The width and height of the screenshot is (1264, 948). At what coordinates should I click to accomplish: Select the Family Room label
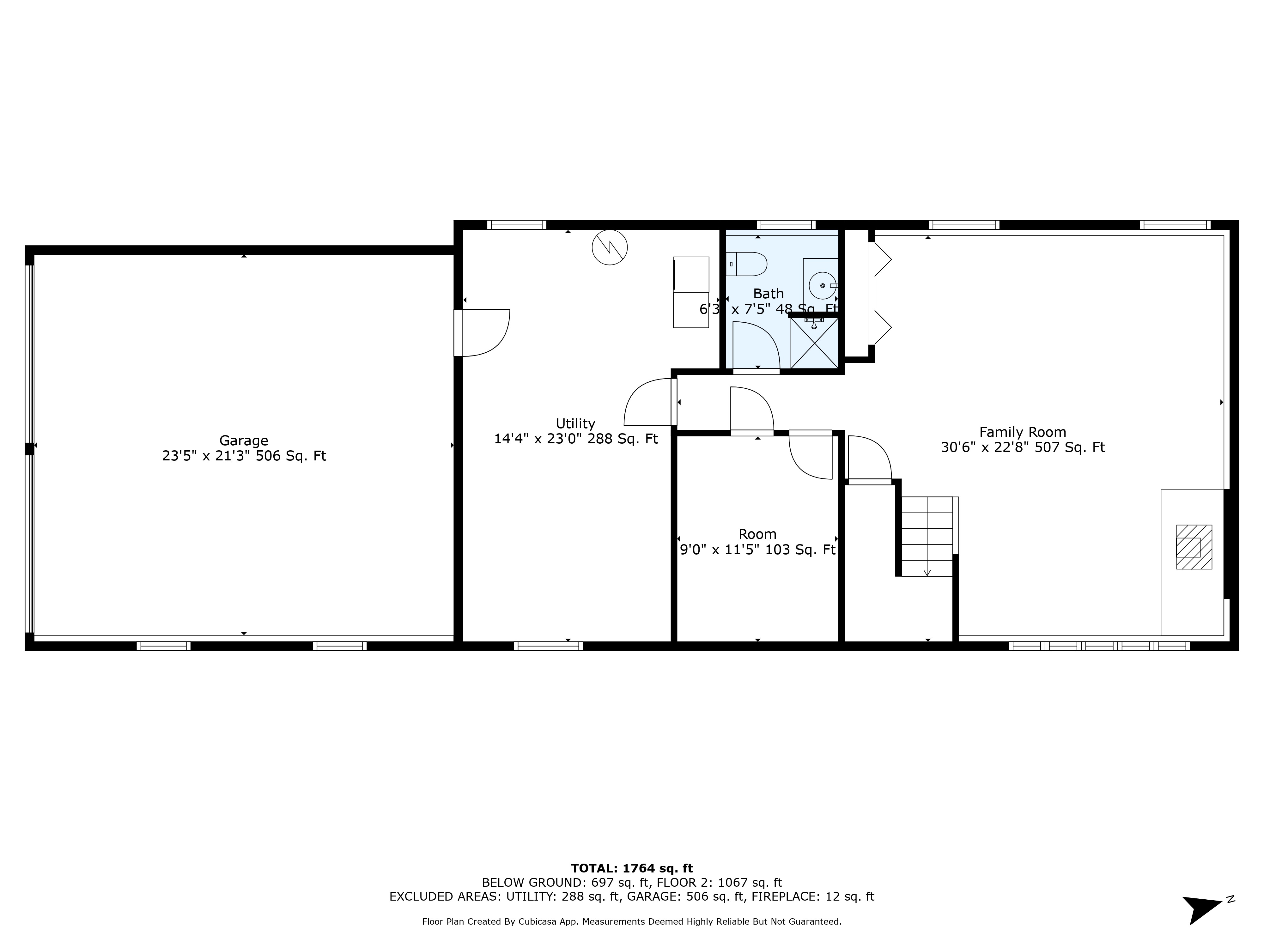coord(1022,432)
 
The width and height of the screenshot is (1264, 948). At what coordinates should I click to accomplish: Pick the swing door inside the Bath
coord(756,346)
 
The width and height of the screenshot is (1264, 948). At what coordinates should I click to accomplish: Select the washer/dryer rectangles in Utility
coord(691,292)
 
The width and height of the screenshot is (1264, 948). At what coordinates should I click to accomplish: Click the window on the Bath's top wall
coord(786,225)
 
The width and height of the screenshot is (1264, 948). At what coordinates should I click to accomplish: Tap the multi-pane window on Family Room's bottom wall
coord(1099,646)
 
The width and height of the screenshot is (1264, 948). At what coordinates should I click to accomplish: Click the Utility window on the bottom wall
coord(548,646)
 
